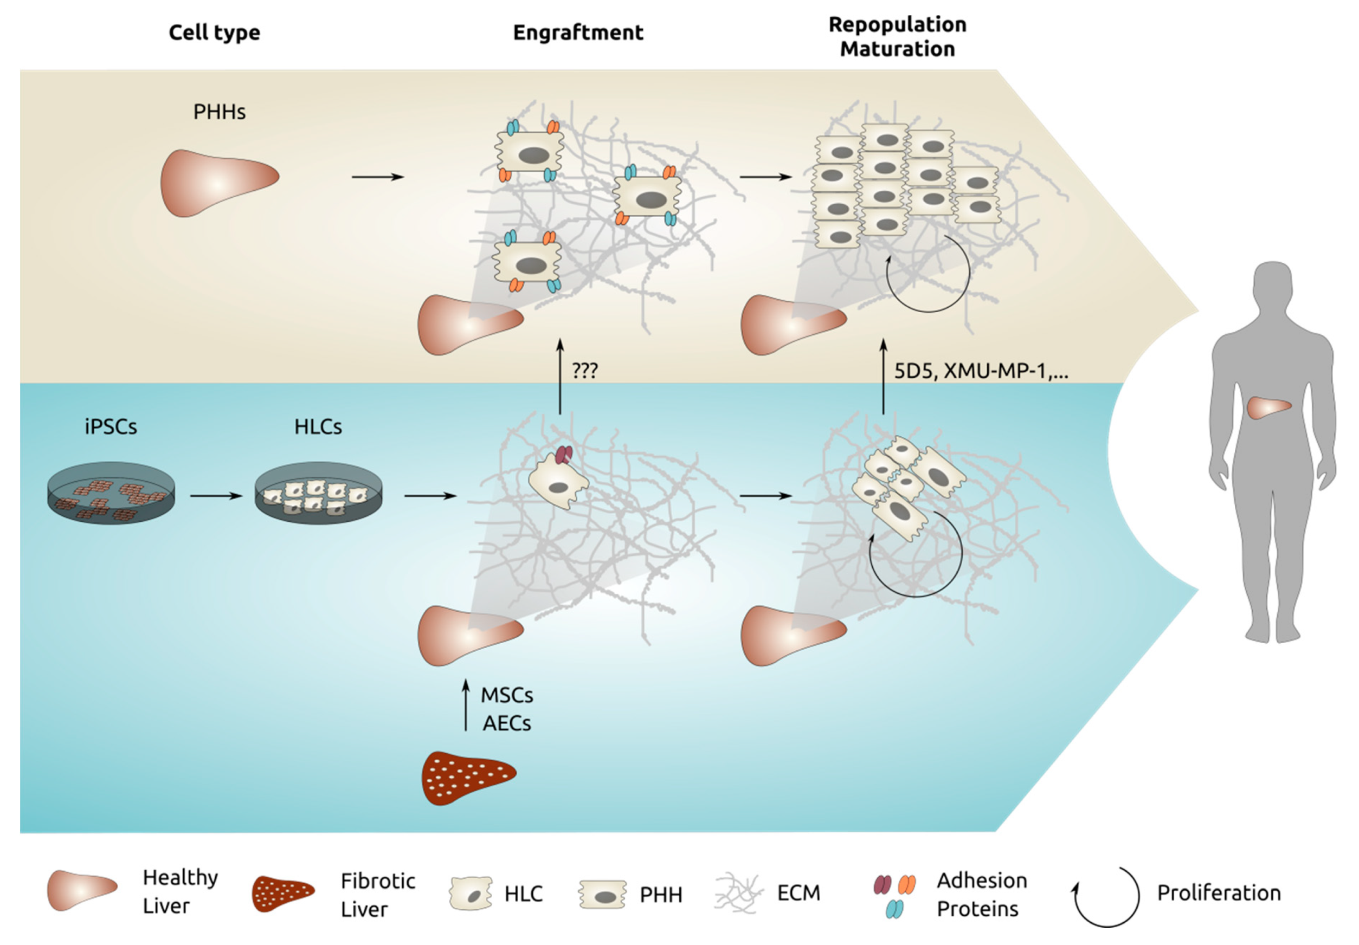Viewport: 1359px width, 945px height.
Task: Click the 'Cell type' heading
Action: pos(214,33)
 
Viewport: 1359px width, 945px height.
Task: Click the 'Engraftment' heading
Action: pos(577,33)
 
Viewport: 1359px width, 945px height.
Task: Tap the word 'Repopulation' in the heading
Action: pos(897,25)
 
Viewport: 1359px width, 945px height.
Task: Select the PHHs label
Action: pos(219,112)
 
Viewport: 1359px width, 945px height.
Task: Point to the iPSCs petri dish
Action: pos(111,493)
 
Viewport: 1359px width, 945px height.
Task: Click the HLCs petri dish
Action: pos(318,493)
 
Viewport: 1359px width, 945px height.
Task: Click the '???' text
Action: pos(585,371)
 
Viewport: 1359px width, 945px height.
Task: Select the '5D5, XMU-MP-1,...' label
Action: pos(981,371)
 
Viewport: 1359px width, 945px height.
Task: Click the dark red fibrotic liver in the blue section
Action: pos(468,778)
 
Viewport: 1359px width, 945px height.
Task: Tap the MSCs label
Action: pos(507,695)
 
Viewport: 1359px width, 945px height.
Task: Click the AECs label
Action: pos(507,723)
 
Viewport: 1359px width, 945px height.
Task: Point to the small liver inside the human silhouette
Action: pos(1268,407)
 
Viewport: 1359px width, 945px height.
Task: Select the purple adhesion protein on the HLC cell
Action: pos(563,455)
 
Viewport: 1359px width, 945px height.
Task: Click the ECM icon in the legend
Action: pos(738,892)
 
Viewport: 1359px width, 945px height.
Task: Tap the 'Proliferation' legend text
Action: pos(1219,893)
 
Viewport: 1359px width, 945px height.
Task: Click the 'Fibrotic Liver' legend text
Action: pos(378,895)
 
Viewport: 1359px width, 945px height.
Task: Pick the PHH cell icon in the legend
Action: pos(602,894)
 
